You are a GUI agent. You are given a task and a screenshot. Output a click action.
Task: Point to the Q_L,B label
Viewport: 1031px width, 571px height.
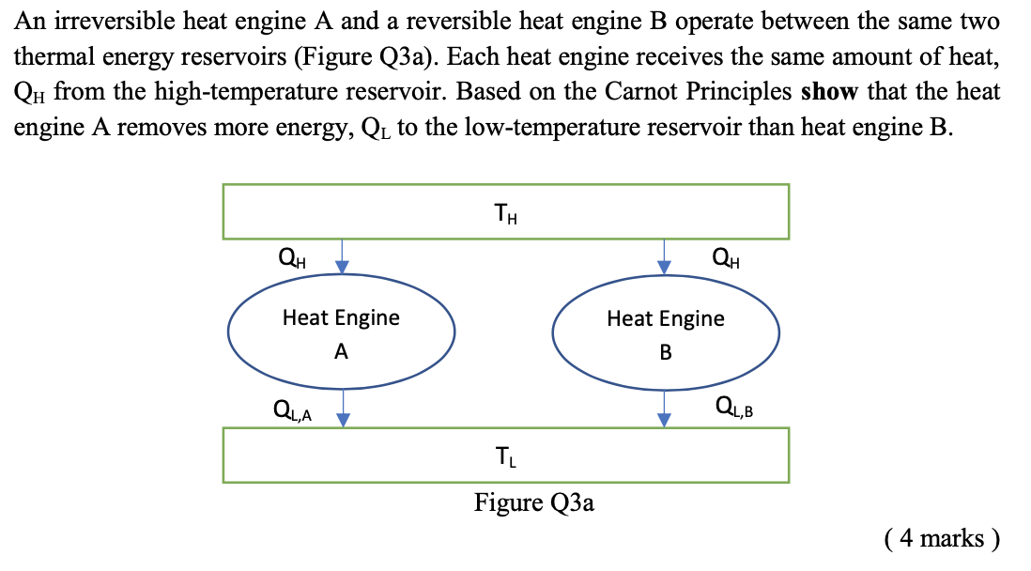coord(734,407)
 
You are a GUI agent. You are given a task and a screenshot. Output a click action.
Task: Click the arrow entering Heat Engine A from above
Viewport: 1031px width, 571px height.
coord(344,255)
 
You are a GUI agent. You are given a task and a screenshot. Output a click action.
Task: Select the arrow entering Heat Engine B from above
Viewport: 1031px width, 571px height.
coord(665,255)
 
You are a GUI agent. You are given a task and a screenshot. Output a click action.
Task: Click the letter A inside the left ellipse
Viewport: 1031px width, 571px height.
coord(341,352)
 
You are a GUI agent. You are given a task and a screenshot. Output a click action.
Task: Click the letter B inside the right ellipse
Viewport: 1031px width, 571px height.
coord(666,353)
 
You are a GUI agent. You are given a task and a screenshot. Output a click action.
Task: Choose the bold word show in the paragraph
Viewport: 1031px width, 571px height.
coord(829,92)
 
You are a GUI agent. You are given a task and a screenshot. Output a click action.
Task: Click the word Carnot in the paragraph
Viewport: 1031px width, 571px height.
coord(659,92)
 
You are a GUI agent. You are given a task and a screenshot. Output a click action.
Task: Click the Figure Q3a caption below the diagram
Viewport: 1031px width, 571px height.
coord(533,502)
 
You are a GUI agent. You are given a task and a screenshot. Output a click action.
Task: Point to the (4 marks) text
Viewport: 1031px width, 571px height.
coord(941,537)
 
